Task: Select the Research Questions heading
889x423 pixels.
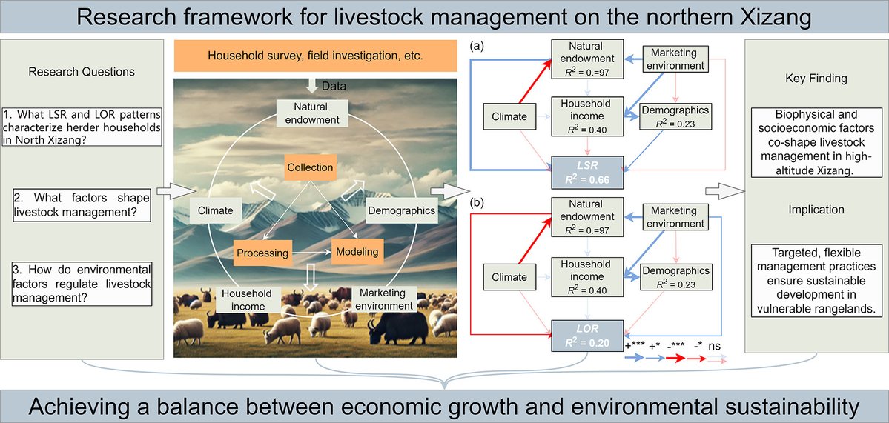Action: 82,72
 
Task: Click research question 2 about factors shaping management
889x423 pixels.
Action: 82,205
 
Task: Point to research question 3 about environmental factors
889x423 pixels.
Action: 82,283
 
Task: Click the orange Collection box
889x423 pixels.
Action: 310,167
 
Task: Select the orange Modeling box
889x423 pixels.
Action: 358,252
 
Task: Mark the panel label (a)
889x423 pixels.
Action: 479,46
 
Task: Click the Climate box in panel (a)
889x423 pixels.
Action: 509,116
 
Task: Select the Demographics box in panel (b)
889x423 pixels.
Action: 675,276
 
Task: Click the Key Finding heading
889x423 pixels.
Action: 816,79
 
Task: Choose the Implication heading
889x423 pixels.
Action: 816,210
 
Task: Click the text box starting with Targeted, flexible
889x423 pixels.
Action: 816,280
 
